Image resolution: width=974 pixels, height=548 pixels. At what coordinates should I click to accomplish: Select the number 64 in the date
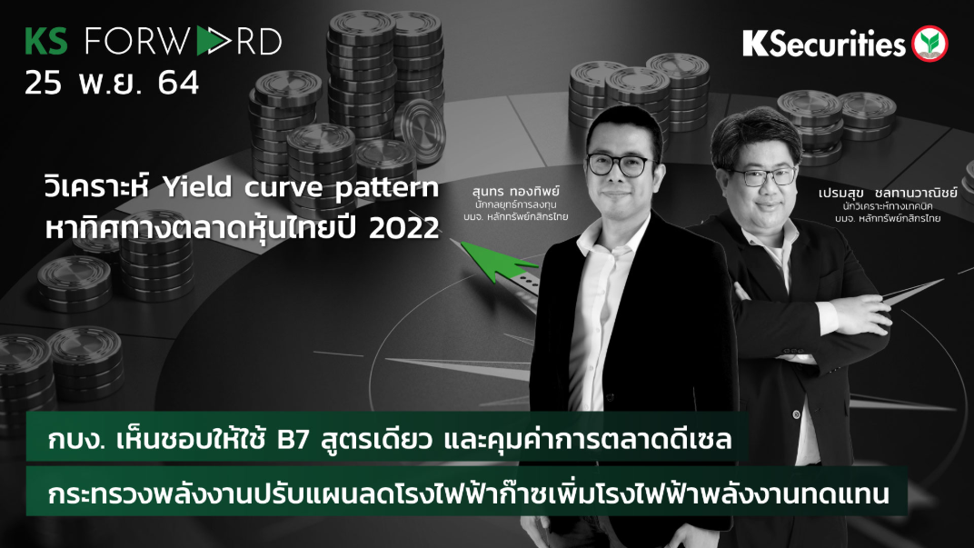pyautogui.click(x=177, y=84)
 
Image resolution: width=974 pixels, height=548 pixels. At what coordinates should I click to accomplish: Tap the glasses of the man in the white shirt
pyautogui.click(x=621, y=164)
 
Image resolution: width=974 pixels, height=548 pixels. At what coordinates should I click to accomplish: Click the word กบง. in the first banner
pyautogui.click(x=77, y=443)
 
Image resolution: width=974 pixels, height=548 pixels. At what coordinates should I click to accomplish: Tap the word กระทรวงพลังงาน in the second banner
pyautogui.click(x=145, y=495)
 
